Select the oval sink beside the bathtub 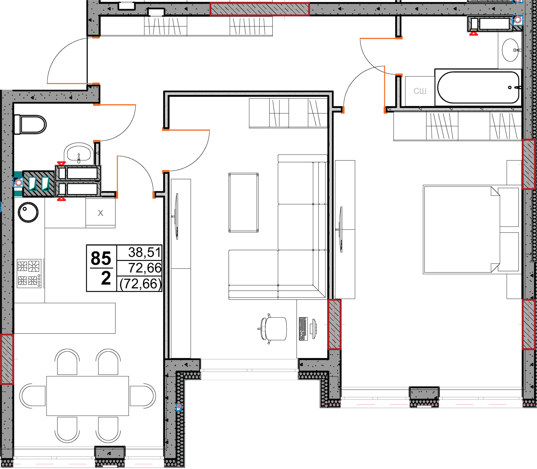pyautogui.click(x=510, y=50)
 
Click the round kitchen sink pyautogui.click(x=28, y=212)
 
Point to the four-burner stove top pyautogui.click(x=29, y=273)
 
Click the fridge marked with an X pyautogui.click(x=100, y=213)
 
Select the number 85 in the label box pyautogui.click(x=101, y=258)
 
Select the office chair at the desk pyautogui.click(x=272, y=328)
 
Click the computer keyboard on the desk pyautogui.click(x=303, y=329)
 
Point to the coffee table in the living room pyautogui.click(x=244, y=202)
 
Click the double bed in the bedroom pyautogui.click(x=471, y=230)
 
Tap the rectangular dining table pyautogui.click(x=88, y=396)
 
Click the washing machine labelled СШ pyautogui.click(x=420, y=91)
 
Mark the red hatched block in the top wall pyautogui.click(x=260, y=9)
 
